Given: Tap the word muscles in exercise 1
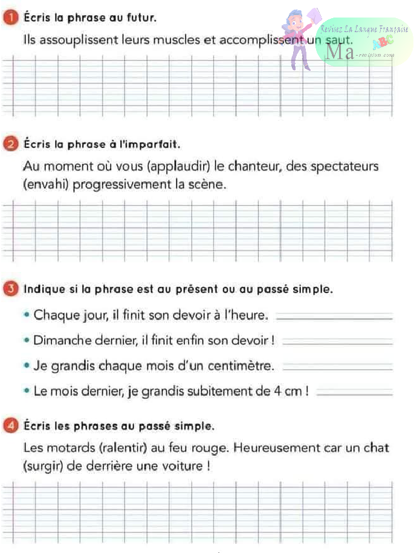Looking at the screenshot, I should pyautogui.click(x=169, y=41).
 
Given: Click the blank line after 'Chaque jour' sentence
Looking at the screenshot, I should pyautogui.click(x=337, y=319).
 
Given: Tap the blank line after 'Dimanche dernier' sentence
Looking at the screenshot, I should pyautogui.click(x=337, y=343).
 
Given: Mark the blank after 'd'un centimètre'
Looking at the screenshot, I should pyautogui.click(x=337, y=368).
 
